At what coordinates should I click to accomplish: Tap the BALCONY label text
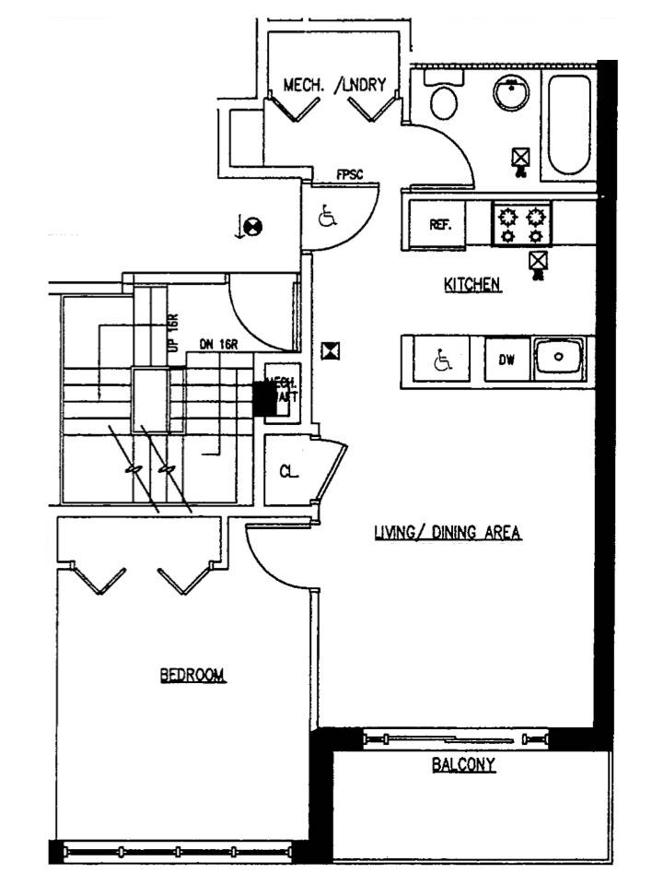coord(464,764)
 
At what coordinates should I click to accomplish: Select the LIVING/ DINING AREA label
coord(448,532)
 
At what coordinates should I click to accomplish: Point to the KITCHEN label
coord(472,285)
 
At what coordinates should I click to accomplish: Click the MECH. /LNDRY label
coord(341,86)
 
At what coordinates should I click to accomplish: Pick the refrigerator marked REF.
coord(439,225)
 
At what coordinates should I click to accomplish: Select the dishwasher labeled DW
coord(506,360)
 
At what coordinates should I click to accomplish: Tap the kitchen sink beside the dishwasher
coord(559,358)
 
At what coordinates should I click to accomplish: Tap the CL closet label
coord(289,472)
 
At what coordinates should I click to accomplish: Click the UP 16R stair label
coord(171,332)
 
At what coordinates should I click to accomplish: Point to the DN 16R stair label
coord(219,344)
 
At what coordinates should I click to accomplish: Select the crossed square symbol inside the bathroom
coord(520,158)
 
